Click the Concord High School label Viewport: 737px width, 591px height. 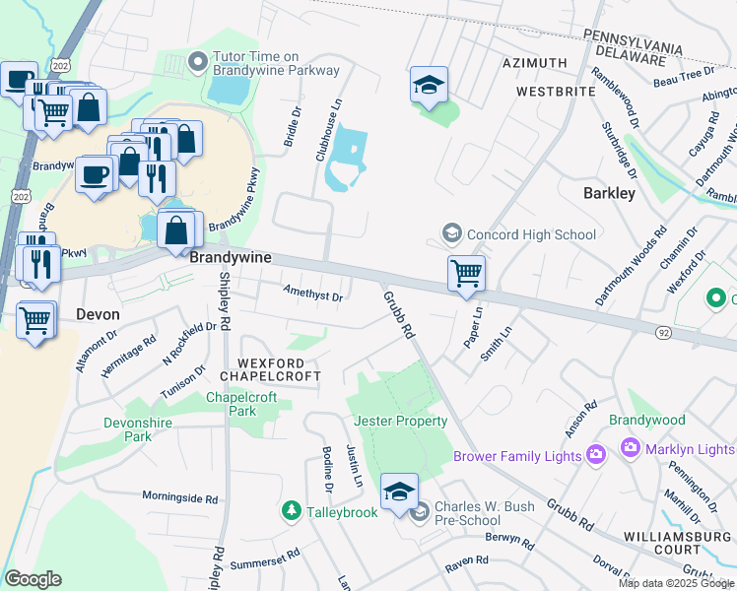532,234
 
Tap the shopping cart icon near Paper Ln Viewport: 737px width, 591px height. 465,272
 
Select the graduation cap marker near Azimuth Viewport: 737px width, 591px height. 429,85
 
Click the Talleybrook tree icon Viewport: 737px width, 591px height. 291,510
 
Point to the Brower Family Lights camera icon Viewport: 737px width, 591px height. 595,455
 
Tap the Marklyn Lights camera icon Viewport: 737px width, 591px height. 631,449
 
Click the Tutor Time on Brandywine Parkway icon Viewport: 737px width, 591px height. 198,62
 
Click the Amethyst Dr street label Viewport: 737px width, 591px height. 312,295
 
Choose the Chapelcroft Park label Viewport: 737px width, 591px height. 236,404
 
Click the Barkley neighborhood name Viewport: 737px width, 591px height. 609,193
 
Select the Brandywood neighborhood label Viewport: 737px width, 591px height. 646,420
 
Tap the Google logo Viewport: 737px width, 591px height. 33,579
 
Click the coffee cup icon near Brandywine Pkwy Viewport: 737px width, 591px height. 95,174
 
